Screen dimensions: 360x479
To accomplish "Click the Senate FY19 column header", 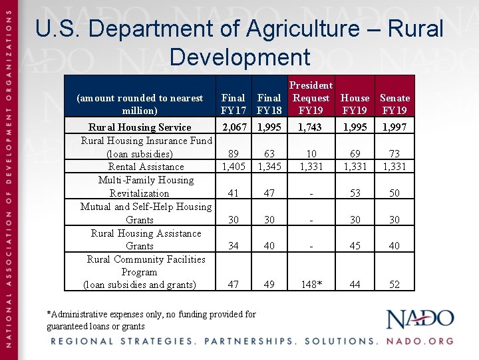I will pos(395,104).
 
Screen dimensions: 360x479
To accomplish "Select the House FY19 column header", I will pos(355,104).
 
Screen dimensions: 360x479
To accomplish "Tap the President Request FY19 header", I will pos(311,98).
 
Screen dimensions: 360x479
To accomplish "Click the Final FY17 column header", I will pos(233,104).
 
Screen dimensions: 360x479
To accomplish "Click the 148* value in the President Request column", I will pos(311,285).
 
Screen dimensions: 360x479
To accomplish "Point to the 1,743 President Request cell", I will pos(311,127).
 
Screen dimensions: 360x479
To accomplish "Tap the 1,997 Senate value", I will pos(395,127).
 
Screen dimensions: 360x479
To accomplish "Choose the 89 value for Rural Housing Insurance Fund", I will pos(233,154).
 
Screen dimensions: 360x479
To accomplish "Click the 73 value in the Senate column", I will pos(395,154).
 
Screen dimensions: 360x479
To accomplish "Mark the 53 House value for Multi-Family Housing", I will pos(355,193).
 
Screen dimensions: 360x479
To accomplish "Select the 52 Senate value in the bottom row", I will pos(395,285).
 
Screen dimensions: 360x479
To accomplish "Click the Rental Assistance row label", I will pos(146,167).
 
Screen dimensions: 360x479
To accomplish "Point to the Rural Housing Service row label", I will pos(140,127).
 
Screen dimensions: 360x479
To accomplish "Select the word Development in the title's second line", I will pos(239,57).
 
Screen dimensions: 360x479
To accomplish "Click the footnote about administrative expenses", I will pos(151,320).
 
